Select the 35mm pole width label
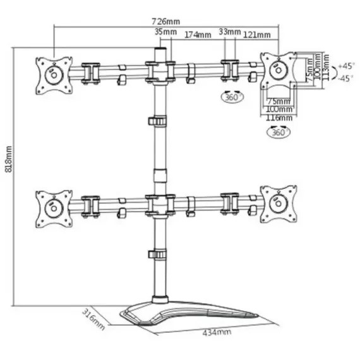point(164,32)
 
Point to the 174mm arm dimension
point(198,35)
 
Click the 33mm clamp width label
point(229,32)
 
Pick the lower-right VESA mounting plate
point(278,204)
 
